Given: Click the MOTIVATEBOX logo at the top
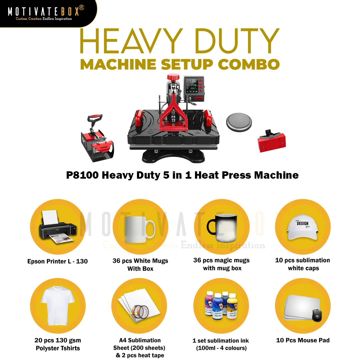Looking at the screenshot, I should tap(45, 12).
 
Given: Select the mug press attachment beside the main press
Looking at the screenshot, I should tap(97, 138).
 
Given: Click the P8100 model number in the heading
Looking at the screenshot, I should tap(82, 175).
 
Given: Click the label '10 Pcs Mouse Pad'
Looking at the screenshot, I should tap(303, 340).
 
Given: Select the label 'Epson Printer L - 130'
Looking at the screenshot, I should tap(57, 261).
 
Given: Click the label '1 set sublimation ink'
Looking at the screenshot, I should tap(221, 341).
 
